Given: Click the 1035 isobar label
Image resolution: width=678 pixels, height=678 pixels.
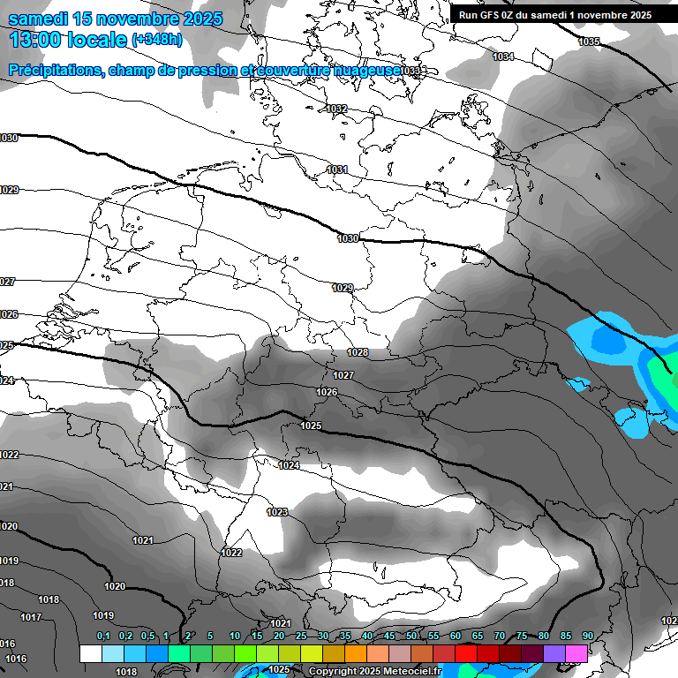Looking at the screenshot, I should point(589,42).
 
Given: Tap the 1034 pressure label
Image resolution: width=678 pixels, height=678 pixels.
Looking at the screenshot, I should point(503,56).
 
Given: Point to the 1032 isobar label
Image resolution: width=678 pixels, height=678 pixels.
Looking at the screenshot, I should point(336,109).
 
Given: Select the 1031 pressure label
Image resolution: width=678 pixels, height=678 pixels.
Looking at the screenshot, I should point(337,169).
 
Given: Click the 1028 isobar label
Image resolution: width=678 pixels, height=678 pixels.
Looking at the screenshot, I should point(358,352).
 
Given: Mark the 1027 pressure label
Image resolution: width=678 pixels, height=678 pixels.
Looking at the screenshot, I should point(343,375).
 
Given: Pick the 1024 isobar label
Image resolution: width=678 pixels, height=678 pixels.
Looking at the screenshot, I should point(289,465).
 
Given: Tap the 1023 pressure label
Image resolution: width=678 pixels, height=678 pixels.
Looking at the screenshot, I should point(277,512).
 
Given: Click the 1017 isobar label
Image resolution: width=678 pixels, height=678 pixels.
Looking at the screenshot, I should point(31,617).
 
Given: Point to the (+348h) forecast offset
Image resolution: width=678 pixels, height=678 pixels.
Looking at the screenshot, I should point(157,40).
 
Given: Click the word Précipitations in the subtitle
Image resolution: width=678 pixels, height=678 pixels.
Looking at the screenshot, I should point(52,70).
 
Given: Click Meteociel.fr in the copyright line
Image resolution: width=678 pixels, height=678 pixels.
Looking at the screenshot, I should point(411,671).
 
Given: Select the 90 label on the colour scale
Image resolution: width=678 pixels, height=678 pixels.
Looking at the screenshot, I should point(587,637).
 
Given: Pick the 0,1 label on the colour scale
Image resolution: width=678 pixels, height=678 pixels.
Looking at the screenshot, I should point(103,637).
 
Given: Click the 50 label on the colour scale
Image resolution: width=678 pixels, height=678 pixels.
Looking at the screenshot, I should point(411,637).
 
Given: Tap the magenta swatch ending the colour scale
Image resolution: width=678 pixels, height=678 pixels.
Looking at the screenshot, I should point(576,653).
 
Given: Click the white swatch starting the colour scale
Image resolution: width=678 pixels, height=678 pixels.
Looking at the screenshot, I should point(90,653).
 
